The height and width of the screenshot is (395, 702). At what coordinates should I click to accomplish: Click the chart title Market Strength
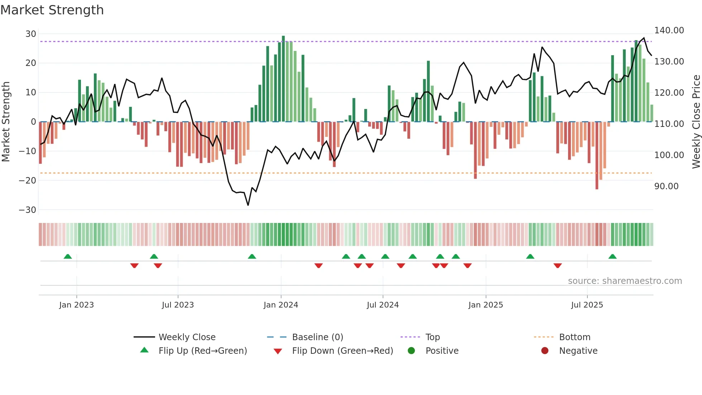pos(52,10)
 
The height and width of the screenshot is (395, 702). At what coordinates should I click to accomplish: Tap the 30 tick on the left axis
pos(31,34)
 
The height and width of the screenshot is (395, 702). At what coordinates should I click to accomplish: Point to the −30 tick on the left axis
pos(28,210)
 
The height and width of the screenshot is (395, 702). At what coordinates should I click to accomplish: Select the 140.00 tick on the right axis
pos(669,30)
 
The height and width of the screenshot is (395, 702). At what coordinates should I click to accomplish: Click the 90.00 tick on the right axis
pos(666,186)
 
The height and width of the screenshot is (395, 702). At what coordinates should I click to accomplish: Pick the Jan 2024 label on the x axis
pos(281,305)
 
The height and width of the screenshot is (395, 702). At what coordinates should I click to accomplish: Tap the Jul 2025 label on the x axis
pos(587,305)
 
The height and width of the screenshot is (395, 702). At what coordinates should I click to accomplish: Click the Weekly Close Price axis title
pos(696,122)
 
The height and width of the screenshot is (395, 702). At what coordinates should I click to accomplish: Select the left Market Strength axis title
pos(6,122)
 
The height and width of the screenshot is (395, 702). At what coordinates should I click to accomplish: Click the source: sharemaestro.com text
pos(625,281)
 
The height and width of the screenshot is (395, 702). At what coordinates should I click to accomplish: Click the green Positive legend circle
pos(411,351)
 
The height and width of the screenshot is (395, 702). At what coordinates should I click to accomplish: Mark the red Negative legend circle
pos(545,351)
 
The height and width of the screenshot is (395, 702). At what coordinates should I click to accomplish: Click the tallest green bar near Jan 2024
pos(283,79)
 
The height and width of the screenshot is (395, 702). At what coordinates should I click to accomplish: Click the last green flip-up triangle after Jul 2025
pos(612,256)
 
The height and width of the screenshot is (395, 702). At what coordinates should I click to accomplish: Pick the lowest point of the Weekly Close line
pos(248,205)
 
